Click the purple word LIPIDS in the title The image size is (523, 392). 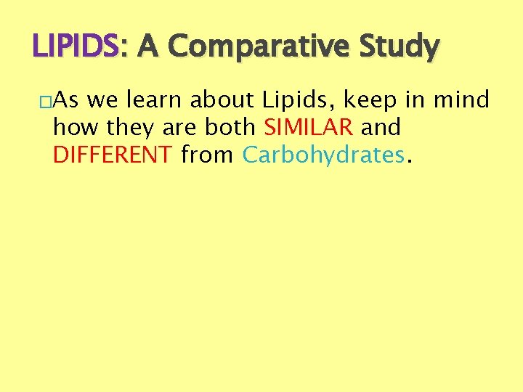pos(74,47)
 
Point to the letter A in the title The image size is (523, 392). pos(147,47)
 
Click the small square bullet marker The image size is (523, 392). pos(46,101)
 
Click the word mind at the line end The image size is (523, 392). pos(462,99)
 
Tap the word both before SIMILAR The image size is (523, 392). pos(230,127)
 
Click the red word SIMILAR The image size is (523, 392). pos(309,127)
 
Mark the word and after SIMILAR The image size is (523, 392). pos(381,127)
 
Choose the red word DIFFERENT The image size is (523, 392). pos(113,154)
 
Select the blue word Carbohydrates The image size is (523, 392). pos(323,155)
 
